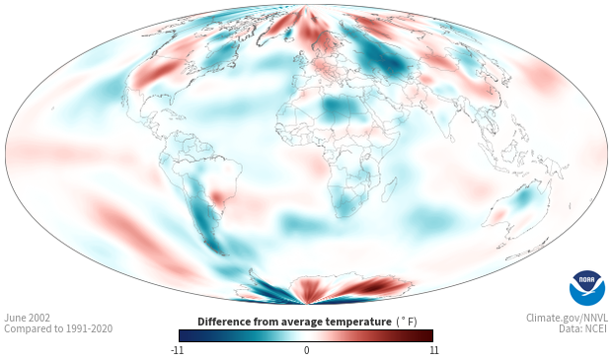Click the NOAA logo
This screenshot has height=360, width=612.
coord(587,288)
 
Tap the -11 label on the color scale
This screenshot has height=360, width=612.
coord(177,350)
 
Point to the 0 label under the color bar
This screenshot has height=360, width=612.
coord(306,350)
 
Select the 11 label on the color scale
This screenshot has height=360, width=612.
coord(434,350)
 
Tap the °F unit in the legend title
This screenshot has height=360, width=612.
coord(408,323)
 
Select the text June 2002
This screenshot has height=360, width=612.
coord(27,318)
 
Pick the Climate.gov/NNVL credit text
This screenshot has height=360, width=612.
coord(568,318)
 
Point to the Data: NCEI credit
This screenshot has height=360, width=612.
coord(583,328)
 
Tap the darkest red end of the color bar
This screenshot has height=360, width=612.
coord(429,335)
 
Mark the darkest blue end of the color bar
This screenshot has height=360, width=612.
coord(184,335)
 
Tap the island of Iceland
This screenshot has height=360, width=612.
coord(287,35)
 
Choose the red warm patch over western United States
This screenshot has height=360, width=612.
coord(155,73)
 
